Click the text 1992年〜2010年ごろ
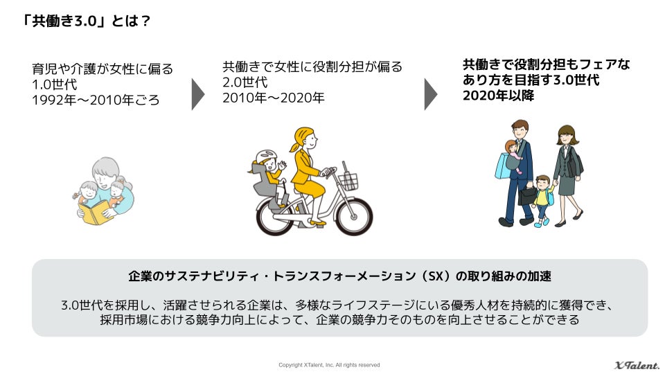click(x=96, y=100)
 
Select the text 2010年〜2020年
click(x=273, y=98)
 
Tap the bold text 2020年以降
click(x=498, y=96)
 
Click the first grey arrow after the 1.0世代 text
click(x=197, y=93)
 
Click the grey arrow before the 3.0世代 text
click(x=430, y=93)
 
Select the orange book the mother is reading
click(x=97, y=211)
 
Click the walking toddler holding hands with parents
click(x=542, y=197)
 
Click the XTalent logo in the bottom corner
click(x=637, y=365)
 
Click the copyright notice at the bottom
click(x=329, y=365)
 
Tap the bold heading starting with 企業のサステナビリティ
click(x=339, y=276)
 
